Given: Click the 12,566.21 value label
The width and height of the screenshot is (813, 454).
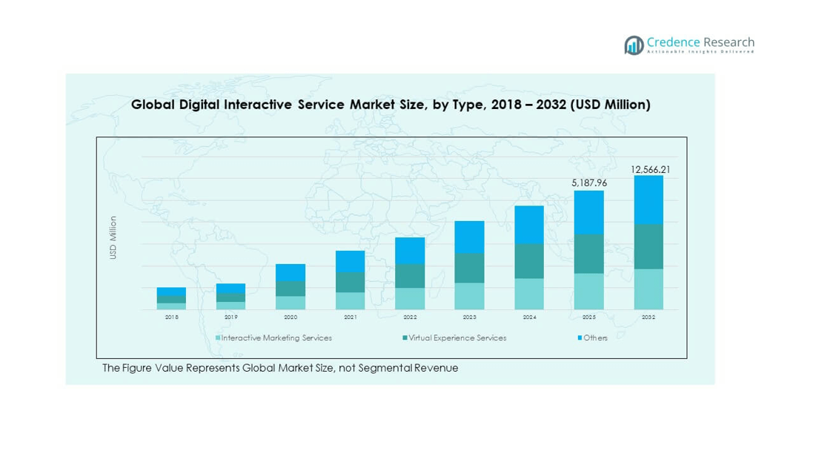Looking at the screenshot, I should (x=650, y=170).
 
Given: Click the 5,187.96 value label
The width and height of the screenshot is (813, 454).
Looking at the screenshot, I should (x=589, y=182).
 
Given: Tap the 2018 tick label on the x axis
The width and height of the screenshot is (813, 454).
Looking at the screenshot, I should (x=171, y=318).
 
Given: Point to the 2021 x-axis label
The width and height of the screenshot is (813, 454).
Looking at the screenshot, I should (x=351, y=318).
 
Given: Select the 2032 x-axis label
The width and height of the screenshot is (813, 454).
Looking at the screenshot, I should (x=648, y=318).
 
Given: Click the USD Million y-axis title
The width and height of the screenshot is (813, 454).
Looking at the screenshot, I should (x=113, y=237).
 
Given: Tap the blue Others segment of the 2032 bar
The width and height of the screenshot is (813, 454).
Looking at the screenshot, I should (x=648, y=200).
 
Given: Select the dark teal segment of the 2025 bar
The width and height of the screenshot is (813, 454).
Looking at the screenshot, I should (x=589, y=254).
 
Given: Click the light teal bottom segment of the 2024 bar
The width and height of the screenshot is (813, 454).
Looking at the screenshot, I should (x=529, y=294).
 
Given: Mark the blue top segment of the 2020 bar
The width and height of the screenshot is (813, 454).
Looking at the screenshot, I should (x=291, y=272).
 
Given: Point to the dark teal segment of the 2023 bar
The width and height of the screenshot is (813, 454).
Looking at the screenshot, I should (x=469, y=268).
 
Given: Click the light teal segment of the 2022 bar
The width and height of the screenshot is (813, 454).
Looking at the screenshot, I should (x=410, y=298).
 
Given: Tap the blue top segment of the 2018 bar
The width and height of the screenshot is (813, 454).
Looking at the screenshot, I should (x=171, y=292).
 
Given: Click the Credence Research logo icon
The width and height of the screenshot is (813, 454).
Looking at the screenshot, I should (x=634, y=45).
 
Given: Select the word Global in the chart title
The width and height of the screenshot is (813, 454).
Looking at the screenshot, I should (x=153, y=105).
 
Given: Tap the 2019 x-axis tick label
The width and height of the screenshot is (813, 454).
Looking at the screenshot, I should (x=230, y=318).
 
